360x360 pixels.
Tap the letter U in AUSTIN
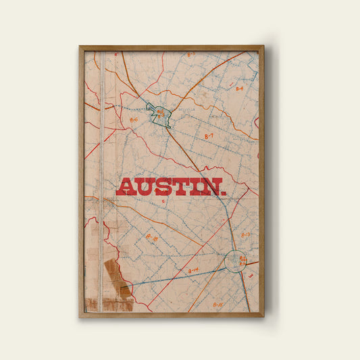144,187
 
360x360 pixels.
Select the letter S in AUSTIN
163,187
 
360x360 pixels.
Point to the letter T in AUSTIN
180,187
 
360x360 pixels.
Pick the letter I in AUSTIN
195,187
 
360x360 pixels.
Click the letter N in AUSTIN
210,187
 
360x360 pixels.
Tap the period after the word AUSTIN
224,193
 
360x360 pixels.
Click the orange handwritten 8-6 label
134,120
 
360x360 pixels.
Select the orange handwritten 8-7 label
209,136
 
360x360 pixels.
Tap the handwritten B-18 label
152,238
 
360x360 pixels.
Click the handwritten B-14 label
193,270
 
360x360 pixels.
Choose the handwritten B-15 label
217,305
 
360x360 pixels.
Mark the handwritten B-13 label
245,235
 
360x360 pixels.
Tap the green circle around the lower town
235,261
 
